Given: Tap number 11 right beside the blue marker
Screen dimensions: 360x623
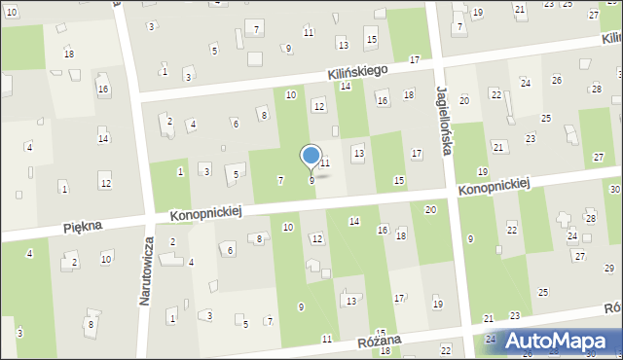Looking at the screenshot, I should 326,162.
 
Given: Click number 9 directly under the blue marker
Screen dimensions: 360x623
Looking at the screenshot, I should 311,180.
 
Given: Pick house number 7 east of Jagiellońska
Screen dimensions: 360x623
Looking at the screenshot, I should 459,26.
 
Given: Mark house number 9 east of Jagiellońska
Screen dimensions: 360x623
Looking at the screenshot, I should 471,238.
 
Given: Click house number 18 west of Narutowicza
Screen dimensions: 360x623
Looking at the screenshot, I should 69,53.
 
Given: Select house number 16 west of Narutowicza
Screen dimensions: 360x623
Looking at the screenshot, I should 102,89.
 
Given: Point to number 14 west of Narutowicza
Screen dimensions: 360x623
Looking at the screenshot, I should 103,138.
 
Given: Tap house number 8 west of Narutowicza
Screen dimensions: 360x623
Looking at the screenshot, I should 91,324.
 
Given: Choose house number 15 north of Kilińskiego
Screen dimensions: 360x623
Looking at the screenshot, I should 371,38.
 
